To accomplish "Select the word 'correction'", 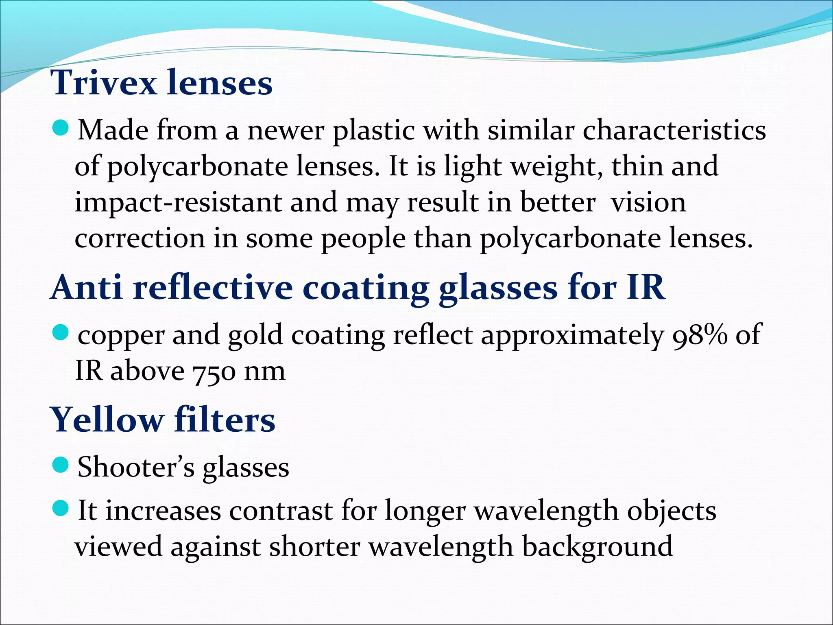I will [140, 238].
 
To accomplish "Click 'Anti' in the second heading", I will [87, 288].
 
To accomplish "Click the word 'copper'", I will [121, 336].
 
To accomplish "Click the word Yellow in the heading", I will [107, 420].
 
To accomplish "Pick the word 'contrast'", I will [281, 511].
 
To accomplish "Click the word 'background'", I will [597, 547].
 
